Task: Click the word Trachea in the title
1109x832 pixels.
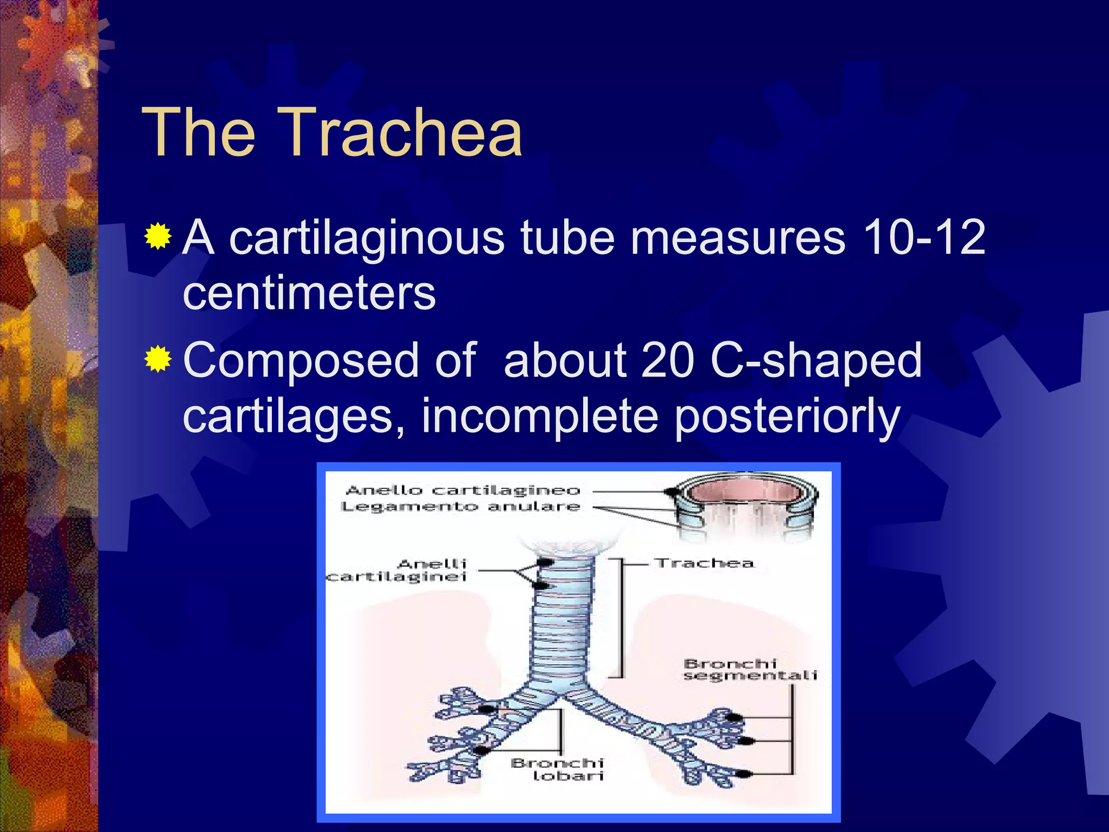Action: coord(402,133)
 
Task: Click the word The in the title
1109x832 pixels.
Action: coord(198,133)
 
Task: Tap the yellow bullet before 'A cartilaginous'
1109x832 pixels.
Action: coord(158,236)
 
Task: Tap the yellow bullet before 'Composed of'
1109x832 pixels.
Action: coord(158,359)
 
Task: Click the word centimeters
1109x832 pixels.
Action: coord(309,294)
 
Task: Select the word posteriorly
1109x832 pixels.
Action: coord(787,417)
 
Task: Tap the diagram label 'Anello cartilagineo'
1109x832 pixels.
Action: coord(462,491)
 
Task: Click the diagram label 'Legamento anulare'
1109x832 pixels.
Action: coord(460,507)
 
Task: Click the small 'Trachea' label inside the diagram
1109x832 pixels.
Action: coord(704,563)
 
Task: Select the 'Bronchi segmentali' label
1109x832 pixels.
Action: coord(749,669)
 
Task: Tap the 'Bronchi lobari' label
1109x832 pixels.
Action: coord(558,769)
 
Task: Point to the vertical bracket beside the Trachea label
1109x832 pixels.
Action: coord(621,617)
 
